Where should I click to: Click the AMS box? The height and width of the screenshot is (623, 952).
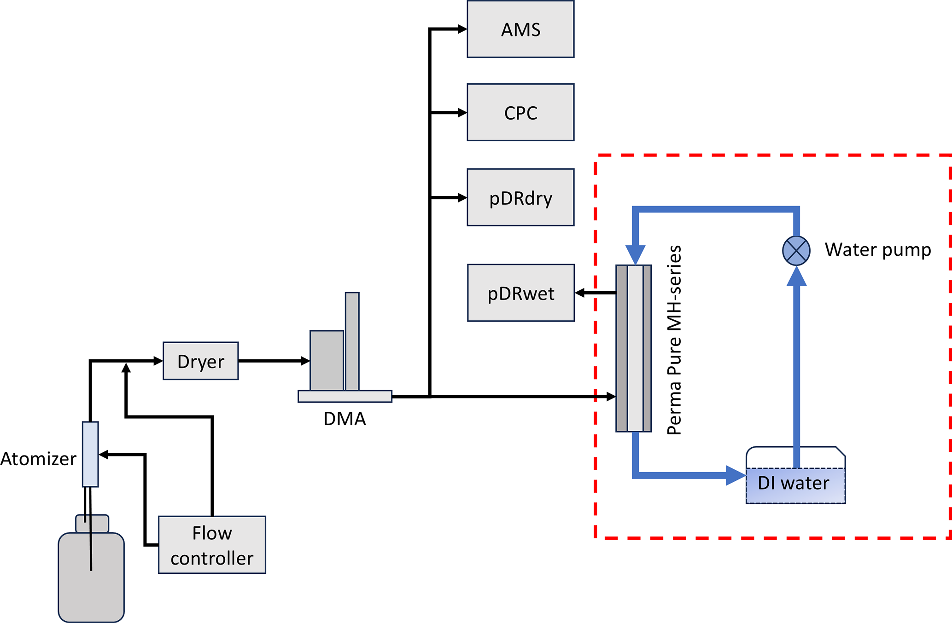point(520,29)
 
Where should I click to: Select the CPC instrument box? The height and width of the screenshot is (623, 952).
point(520,113)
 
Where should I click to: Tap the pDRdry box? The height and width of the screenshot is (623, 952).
point(520,197)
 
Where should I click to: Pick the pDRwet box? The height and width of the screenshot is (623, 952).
point(521,293)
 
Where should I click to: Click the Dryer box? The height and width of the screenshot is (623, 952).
point(201,361)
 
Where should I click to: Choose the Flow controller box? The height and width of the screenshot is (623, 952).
point(212,545)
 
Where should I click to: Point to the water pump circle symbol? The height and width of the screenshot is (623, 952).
point(796,251)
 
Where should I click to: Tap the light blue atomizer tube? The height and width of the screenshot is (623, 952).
point(90,454)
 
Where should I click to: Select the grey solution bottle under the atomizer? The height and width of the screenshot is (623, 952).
point(91,580)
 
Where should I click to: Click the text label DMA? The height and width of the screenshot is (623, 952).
point(345,419)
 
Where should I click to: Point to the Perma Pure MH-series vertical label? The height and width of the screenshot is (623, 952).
point(674,340)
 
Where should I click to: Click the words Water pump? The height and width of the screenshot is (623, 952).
point(878,250)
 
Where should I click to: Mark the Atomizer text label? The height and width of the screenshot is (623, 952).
point(38,459)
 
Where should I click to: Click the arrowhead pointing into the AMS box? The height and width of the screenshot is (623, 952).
point(462,29)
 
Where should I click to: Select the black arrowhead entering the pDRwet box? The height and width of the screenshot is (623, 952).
point(580,293)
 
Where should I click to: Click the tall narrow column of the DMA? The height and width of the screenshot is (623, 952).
point(352,341)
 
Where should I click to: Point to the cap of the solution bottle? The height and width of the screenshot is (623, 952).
point(92,524)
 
